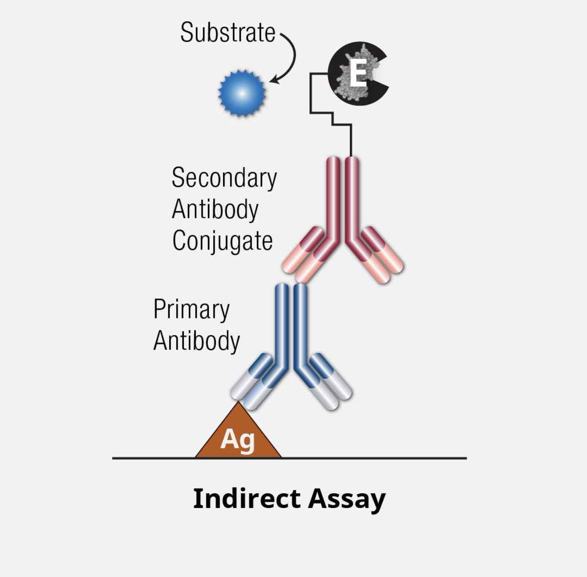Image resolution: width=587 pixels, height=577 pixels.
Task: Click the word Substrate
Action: [227, 33]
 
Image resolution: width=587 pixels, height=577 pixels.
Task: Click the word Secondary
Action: [224, 178]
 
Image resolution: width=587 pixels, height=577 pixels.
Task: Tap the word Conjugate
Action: [222, 241]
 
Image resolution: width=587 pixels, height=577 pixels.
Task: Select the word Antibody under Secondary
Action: [215, 209]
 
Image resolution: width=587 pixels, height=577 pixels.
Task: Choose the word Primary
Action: [191, 310]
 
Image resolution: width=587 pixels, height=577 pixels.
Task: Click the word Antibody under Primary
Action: [197, 341]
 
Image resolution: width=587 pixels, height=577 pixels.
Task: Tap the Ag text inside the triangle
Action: [238, 439]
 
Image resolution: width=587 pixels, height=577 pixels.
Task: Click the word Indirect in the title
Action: [247, 499]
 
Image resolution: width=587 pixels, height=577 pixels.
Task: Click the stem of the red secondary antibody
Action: [342, 196]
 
